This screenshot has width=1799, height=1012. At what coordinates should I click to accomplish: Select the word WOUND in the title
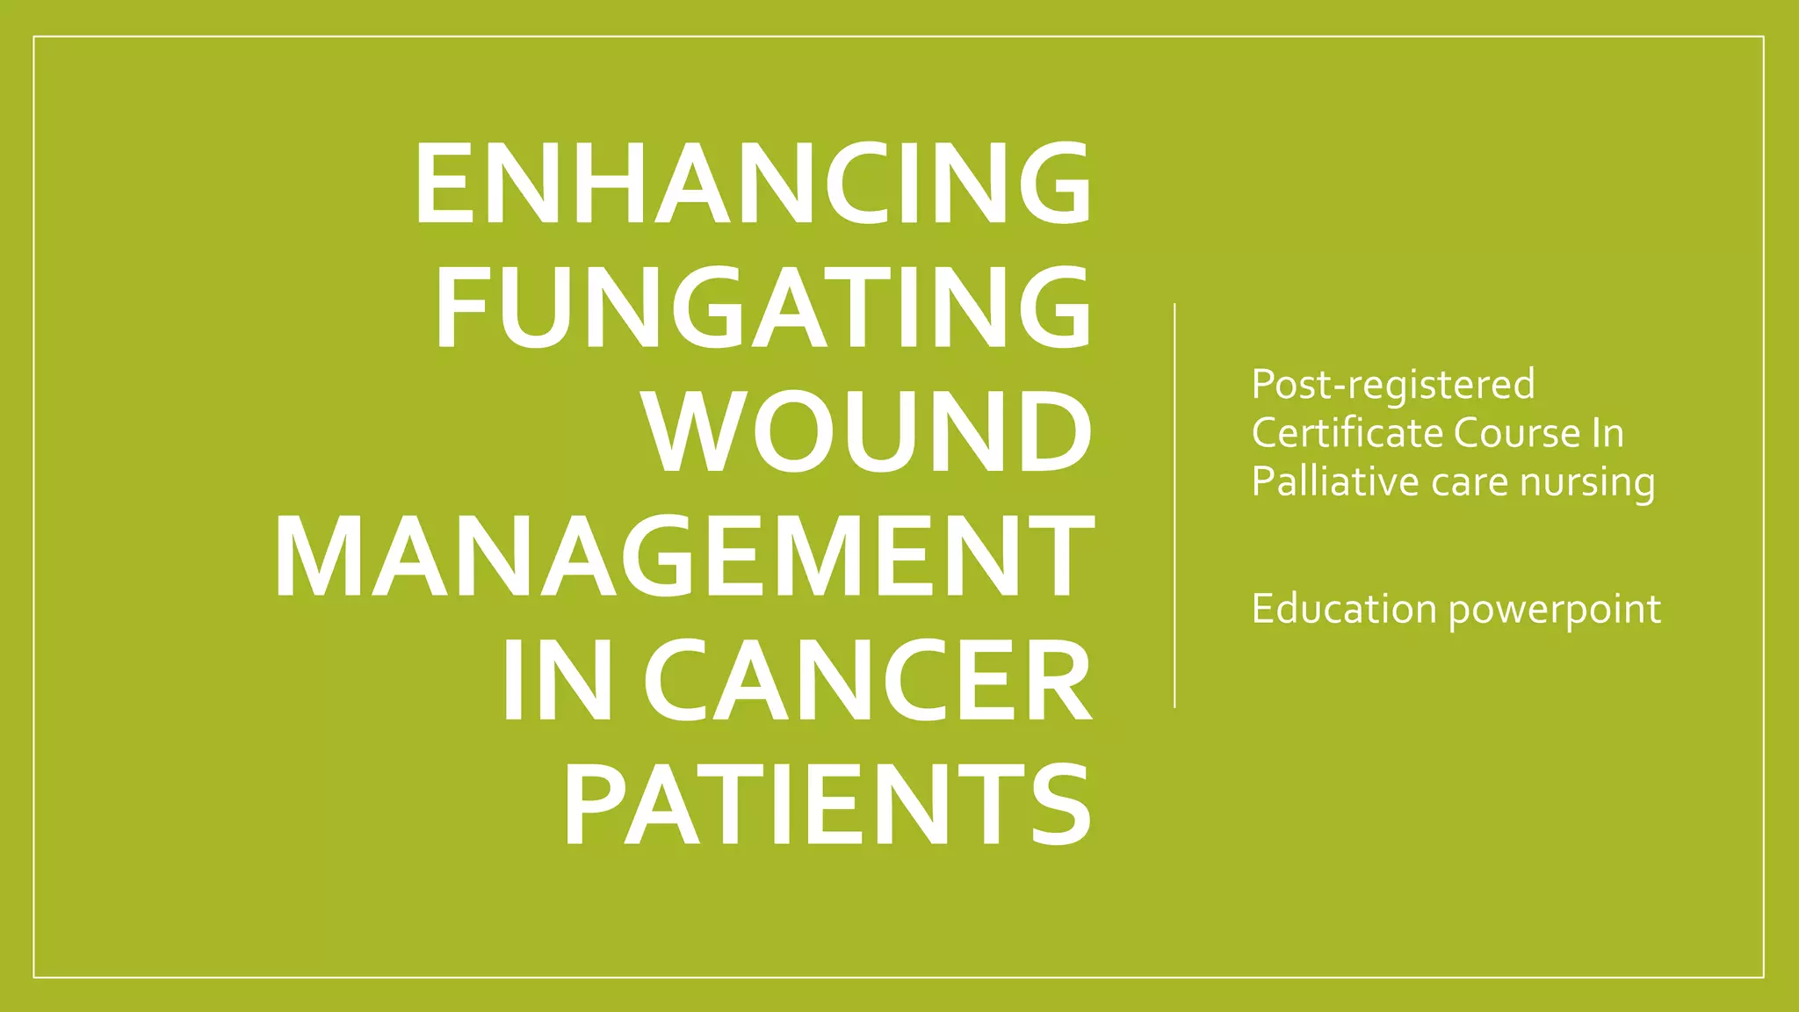point(868,431)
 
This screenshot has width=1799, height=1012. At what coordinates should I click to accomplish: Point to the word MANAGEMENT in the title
point(683,556)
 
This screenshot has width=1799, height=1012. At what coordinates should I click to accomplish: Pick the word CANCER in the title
point(868,681)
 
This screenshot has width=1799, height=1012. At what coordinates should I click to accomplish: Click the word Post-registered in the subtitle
point(1392,384)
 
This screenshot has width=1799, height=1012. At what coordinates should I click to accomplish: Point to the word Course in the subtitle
point(1516,433)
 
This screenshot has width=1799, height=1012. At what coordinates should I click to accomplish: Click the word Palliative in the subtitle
point(1335,481)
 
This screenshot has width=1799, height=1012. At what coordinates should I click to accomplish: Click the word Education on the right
point(1343,609)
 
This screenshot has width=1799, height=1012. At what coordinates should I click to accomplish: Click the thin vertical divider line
point(1174,505)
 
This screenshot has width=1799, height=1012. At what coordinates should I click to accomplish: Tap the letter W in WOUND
point(697,431)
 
